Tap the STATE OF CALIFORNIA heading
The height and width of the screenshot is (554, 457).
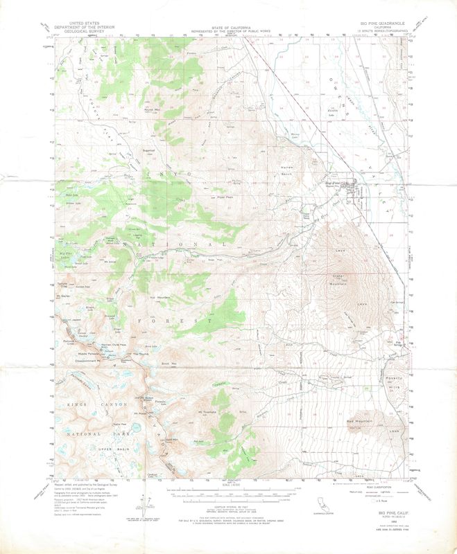click(x=228, y=23)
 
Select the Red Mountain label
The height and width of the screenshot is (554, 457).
click(x=354, y=421)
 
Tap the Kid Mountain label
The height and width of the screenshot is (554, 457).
click(x=160, y=296)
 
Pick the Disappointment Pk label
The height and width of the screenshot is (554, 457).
click(x=89, y=360)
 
